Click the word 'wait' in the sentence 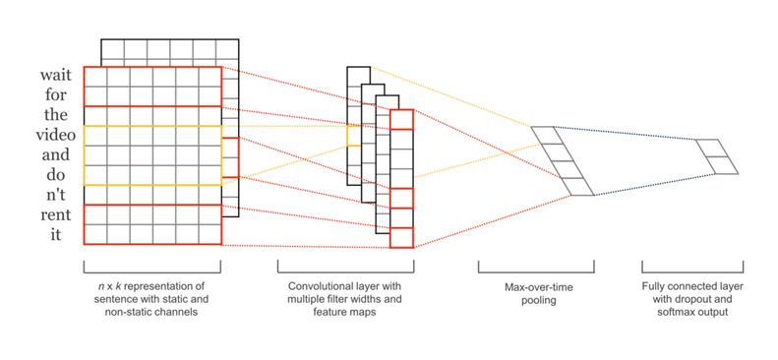click(x=56, y=76)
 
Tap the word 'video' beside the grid click(x=55, y=135)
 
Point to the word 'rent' click(x=56, y=214)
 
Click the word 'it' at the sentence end click(x=56, y=234)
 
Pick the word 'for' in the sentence click(x=55, y=94)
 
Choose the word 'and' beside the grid click(x=55, y=154)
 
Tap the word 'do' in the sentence click(x=56, y=174)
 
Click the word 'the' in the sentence click(x=55, y=115)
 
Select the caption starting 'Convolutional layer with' click(x=345, y=299)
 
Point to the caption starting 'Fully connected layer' click(x=692, y=299)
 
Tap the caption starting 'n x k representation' click(x=152, y=299)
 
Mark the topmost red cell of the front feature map click(x=401, y=119)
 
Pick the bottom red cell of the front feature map click(x=401, y=237)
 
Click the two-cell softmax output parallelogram click(x=717, y=156)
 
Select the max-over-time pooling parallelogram click(x=563, y=161)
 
